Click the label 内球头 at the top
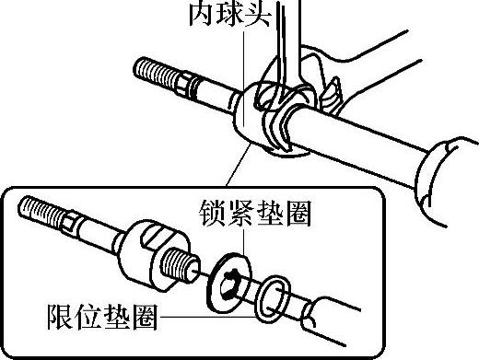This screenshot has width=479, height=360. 230,14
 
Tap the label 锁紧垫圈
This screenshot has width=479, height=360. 255,213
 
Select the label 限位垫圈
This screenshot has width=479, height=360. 102,317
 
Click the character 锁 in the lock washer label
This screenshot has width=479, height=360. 212,213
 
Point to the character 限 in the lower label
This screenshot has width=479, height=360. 60,317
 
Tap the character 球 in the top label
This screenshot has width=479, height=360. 230,14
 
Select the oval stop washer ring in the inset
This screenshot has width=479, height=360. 273,299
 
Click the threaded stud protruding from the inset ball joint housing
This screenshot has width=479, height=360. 180,264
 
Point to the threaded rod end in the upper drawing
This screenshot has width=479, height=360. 156,74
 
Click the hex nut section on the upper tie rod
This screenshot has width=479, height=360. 185,84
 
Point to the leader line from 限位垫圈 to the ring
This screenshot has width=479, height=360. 207,317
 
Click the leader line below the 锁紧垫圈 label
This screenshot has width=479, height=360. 244,241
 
